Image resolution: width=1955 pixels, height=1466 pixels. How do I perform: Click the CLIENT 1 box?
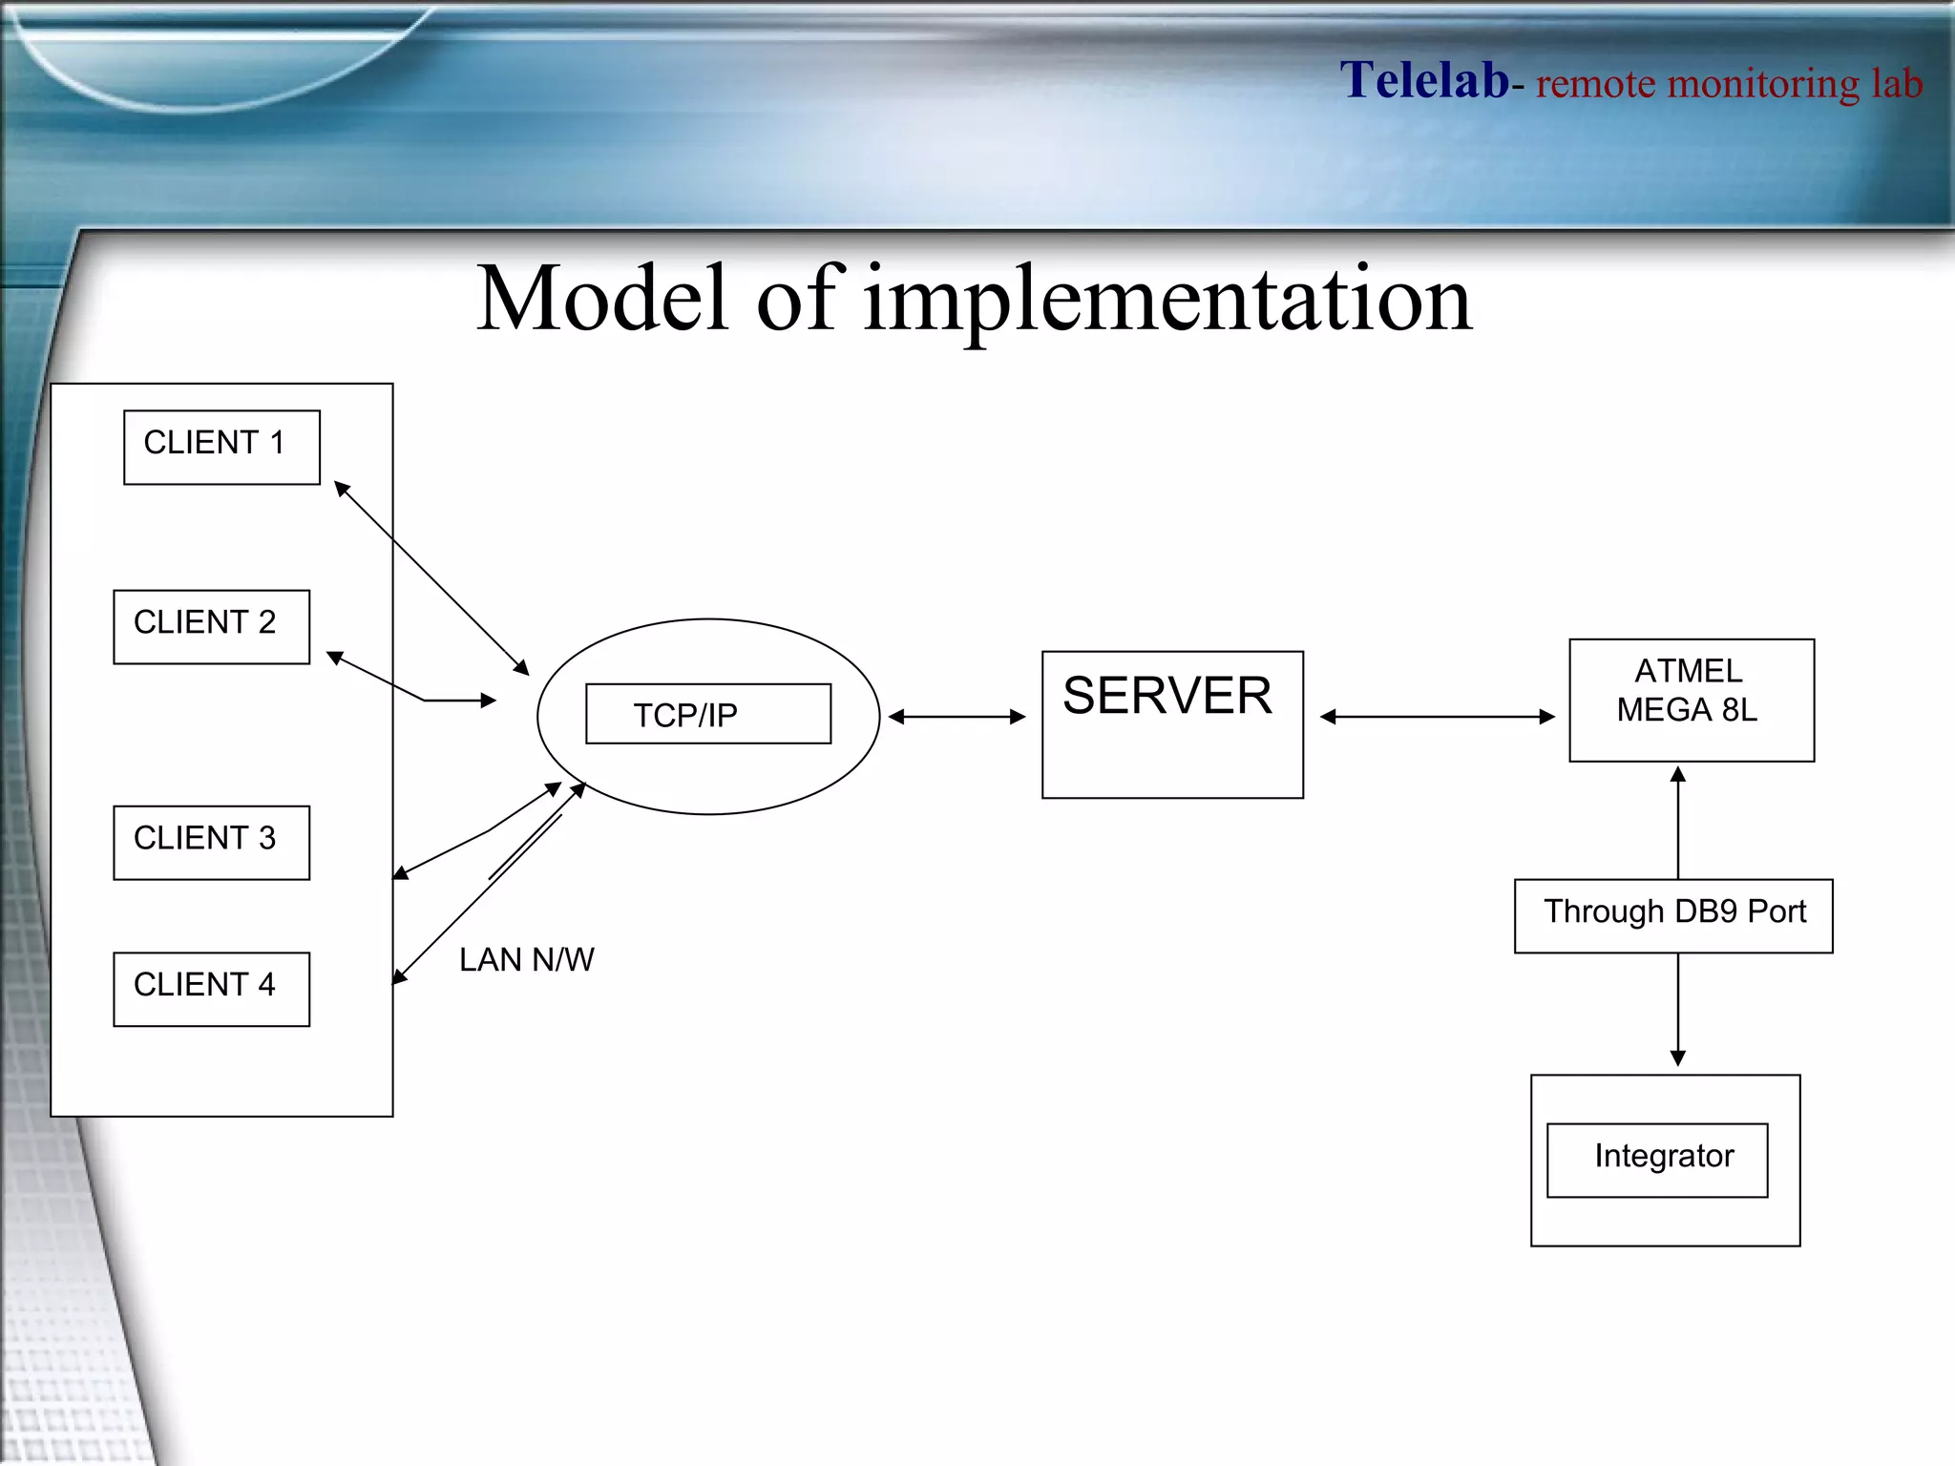pyautogui.click(x=221, y=447)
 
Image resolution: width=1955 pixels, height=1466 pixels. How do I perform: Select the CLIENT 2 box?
pyautogui.click(x=211, y=626)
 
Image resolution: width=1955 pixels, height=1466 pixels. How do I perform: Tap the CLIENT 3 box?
pyautogui.click(x=211, y=842)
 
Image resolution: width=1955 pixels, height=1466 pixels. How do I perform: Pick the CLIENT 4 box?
pyautogui.click(x=211, y=989)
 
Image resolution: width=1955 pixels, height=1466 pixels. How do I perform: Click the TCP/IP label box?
pyautogui.click(x=707, y=714)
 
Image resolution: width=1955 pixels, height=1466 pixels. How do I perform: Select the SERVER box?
pyautogui.click(x=1172, y=724)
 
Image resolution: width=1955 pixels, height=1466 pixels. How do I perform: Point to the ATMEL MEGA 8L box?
pyautogui.click(x=1691, y=700)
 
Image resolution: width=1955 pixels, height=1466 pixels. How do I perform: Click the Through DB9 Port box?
pyautogui.click(x=1672, y=915)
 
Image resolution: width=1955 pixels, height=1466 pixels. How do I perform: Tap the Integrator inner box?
pyautogui.click(x=1656, y=1160)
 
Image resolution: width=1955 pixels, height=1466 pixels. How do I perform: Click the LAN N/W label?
pyautogui.click(x=526, y=959)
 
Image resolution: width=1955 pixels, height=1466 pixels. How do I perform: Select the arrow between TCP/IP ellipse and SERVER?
pyautogui.click(x=956, y=716)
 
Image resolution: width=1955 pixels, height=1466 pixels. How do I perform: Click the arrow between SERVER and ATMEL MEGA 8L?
pyautogui.click(x=1437, y=716)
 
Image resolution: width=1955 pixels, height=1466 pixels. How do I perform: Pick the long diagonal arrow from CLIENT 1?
pyautogui.click(x=431, y=578)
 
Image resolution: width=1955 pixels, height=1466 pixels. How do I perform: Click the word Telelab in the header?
pyautogui.click(x=1424, y=80)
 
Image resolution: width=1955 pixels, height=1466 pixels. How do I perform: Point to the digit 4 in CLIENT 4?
pyautogui.click(x=266, y=984)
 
